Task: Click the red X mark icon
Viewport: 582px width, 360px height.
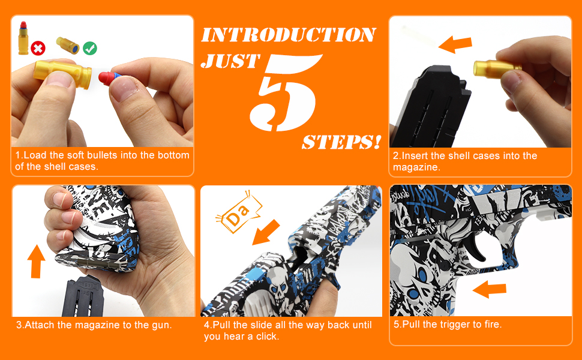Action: [x=38, y=48]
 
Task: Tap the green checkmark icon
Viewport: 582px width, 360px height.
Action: [x=90, y=48]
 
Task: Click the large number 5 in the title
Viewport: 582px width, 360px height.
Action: [x=284, y=93]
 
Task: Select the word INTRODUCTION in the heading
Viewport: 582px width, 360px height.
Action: [x=289, y=35]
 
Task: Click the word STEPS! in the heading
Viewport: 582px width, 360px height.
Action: [x=341, y=142]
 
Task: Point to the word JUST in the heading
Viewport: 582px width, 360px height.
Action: [x=230, y=61]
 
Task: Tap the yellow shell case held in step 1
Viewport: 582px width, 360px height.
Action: [x=62, y=74]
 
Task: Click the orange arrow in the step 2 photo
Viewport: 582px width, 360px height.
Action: [x=455, y=44]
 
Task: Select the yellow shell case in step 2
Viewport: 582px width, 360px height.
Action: [x=497, y=68]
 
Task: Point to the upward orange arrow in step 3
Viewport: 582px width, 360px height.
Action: [x=36, y=261]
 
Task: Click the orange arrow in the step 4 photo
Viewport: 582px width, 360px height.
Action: [x=266, y=232]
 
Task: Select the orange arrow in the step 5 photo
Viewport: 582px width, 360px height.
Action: [x=490, y=289]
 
